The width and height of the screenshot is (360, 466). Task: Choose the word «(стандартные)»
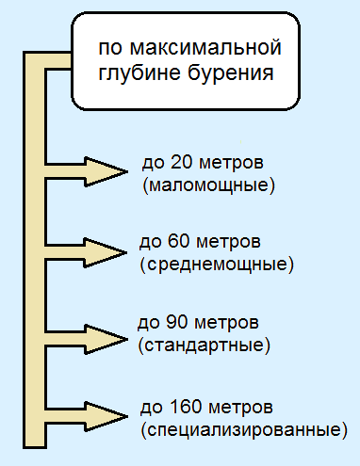pos(205,345)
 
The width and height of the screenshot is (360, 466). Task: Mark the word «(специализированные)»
pos(240,430)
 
